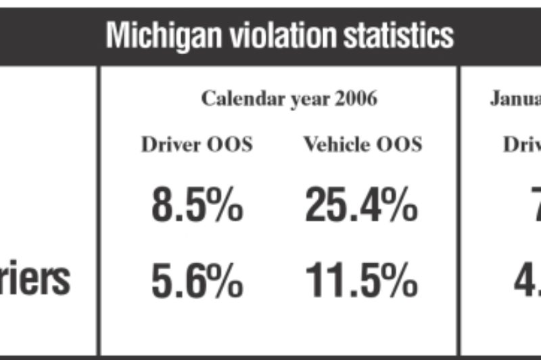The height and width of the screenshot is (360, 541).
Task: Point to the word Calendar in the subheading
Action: tap(237, 99)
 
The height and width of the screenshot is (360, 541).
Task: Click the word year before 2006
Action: tap(306, 100)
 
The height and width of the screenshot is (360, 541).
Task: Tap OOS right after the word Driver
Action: tap(231, 145)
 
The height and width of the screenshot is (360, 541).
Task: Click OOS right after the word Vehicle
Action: tap(400, 145)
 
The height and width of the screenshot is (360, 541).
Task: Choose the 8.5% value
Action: tap(197, 206)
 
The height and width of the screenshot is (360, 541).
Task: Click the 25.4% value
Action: tap(360, 206)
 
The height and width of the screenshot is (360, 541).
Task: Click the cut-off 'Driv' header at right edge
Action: tap(521, 145)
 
